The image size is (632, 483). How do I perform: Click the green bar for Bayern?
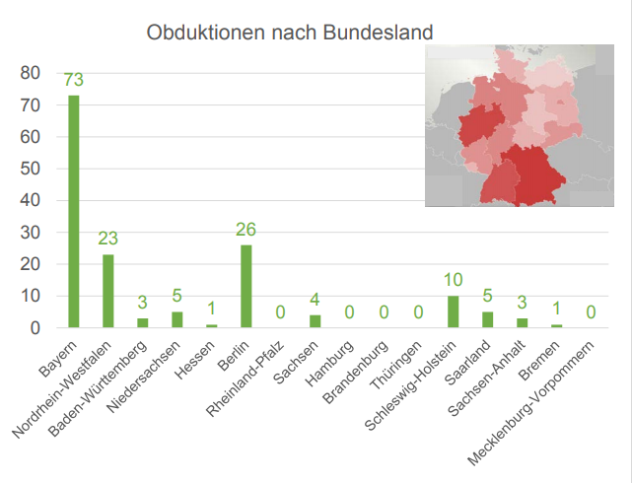coord(73,211)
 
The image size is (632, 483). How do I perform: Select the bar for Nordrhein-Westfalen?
coord(107,291)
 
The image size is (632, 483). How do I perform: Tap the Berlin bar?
coord(246,286)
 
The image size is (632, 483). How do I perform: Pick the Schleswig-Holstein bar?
coord(453,311)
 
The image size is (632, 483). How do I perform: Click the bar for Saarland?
coord(487,319)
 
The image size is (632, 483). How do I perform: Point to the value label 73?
coord(73,80)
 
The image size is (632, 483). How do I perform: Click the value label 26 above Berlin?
coord(246,230)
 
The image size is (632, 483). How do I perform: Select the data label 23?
coord(107,239)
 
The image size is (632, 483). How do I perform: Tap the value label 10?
coord(453,280)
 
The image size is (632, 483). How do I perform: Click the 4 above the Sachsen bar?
coord(315,299)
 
